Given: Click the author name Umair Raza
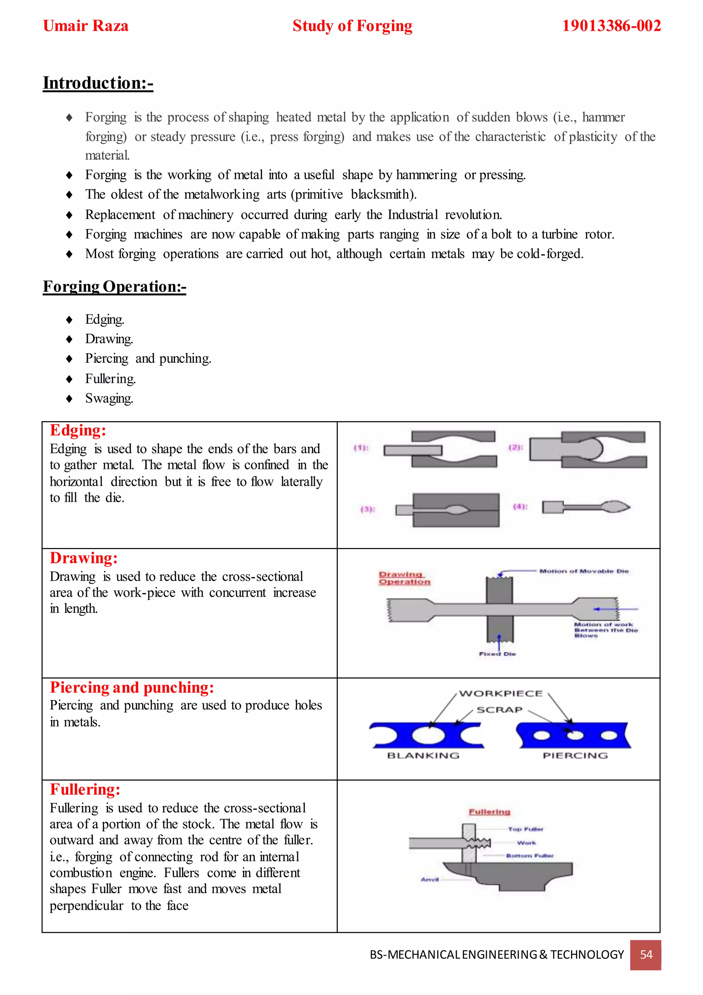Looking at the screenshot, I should click(86, 26).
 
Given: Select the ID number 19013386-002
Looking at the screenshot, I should click(611, 26).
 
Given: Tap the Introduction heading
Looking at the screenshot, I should click(98, 83).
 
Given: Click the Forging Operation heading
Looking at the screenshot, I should click(114, 287).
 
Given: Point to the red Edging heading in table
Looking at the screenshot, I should click(78, 430).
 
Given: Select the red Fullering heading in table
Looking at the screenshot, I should click(85, 790).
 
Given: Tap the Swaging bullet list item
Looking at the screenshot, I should click(109, 398).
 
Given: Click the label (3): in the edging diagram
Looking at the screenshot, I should click(368, 509).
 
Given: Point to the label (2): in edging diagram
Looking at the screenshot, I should click(515, 447).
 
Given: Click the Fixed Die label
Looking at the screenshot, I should click(497, 654).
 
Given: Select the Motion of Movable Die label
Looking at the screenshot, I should click(584, 571).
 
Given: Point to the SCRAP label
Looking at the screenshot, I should click(499, 710).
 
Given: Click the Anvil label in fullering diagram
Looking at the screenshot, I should click(429, 880).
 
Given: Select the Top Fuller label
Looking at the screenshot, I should click(526, 829).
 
